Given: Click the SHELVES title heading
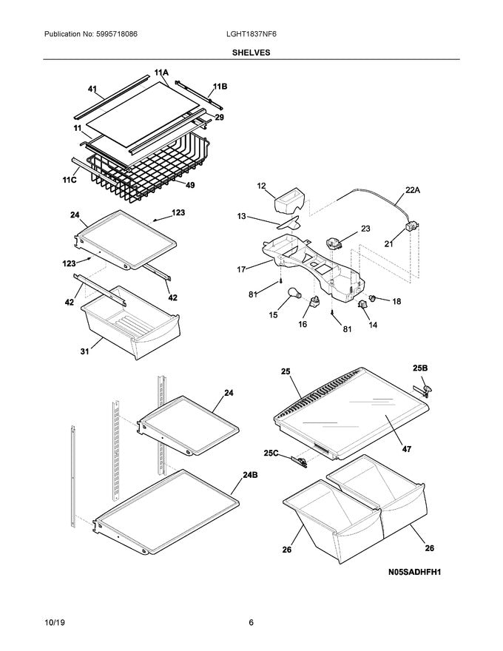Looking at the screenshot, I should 251,53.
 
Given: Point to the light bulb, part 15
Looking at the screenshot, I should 294,297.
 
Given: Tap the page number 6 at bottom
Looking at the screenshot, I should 251,622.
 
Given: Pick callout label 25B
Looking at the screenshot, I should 419,368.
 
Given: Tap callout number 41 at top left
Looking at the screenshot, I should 92,90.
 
